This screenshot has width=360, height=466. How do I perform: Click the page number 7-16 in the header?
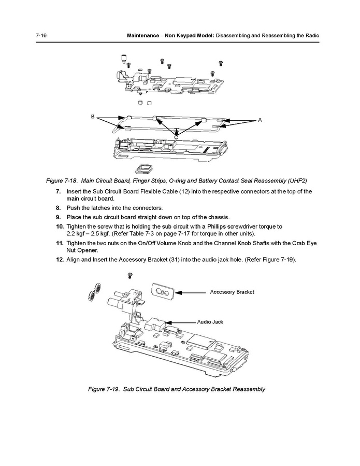(41, 35)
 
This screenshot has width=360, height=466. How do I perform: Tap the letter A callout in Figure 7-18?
(260, 120)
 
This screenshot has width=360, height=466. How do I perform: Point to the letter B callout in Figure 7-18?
(93, 117)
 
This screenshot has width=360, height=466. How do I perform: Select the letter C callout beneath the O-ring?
(176, 136)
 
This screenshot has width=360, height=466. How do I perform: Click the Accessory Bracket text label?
(232, 292)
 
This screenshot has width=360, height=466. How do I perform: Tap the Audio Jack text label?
(210, 322)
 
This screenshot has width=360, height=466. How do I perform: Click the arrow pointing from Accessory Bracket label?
(195, 292)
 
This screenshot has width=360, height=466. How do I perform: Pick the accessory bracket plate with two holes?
(163, 292)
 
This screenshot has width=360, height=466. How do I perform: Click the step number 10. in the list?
(60, 227)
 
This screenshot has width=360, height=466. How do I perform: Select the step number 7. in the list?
(59, 191)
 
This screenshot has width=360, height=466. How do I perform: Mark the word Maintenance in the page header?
(147, 35)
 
